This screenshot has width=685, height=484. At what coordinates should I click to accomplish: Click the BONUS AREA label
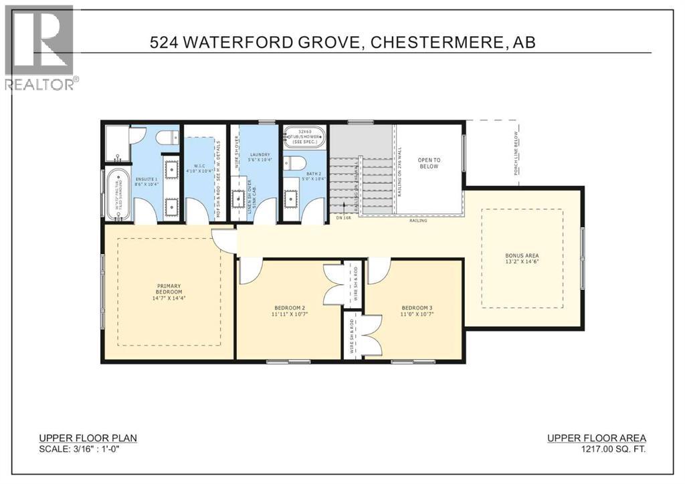click(522, 255)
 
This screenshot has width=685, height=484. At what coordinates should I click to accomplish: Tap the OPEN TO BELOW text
click(428, 162)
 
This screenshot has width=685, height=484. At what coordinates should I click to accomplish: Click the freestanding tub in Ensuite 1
click(118, 195)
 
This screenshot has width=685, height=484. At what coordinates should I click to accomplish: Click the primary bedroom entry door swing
click(224, 240)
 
